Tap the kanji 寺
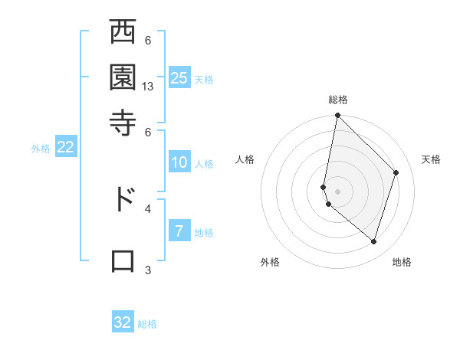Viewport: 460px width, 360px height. (123, 121)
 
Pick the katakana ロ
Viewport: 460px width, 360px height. (123, 260)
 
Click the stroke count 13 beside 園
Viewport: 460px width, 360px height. (148, 87)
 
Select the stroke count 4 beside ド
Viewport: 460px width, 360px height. (148, 208)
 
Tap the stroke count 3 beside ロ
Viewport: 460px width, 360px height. (148, 270)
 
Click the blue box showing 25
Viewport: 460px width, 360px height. (179, 77)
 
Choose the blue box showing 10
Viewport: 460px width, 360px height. (179, 162)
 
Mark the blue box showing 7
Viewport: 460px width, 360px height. (179, 231)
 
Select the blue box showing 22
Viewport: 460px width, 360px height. (66, 148)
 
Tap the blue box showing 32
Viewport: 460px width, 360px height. (123, 322)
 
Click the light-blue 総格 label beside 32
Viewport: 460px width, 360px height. (148, 324)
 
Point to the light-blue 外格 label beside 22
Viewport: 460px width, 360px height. (40, 149)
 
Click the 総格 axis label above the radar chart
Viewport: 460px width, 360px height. (337, 100)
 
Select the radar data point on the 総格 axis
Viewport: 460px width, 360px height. (337, 116)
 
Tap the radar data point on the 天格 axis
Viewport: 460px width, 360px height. (396, 172)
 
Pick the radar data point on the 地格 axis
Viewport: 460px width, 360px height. (373, 242)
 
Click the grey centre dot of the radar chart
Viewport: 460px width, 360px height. (337, 191)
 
